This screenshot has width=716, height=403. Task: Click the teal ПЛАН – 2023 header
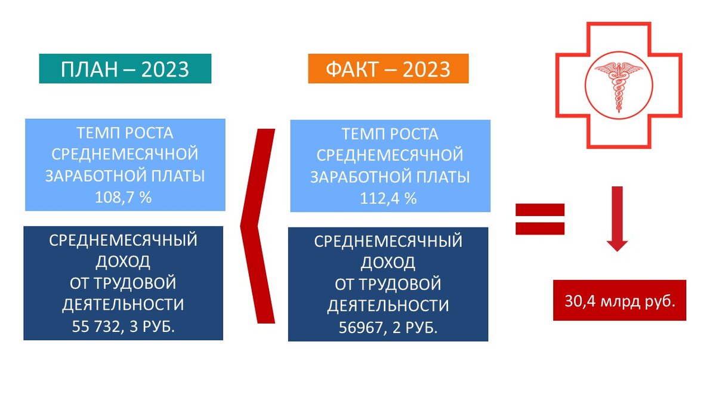click(x=125, y=69)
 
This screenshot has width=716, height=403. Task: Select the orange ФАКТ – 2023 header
click(x=388, y=69)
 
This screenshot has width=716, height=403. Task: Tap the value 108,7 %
click(x=124, y=198)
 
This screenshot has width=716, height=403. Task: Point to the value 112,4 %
click(x=388, y=199)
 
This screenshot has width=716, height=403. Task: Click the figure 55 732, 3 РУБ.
click(x=124, y=326)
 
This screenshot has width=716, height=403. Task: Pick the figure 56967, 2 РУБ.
click(x=388, y=327)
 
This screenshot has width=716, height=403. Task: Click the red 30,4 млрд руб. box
click(x=619, y=300)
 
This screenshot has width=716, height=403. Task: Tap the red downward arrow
click(x=617, y=218)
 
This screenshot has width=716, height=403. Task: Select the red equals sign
click(x=540, y=219)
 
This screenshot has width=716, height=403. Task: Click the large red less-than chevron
click(x=258, y=226)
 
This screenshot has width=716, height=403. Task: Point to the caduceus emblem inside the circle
click(x=618, y=84)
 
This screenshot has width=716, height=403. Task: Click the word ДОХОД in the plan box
click(x=124, y=262)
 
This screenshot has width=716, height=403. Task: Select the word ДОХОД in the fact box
click(x=388, y=263)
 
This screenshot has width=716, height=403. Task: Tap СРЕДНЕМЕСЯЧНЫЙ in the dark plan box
click(x=124, y=241)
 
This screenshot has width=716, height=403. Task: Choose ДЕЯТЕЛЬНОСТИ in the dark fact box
click(x=388, y=306)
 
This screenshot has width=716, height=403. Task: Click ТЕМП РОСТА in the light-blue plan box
click(x=125, y=133)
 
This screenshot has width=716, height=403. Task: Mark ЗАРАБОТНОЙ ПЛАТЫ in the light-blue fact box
click(x=390, y=177)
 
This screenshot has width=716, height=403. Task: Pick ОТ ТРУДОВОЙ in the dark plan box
click(x=124, y=283)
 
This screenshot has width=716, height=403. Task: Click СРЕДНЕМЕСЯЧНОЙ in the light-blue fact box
click(x=390, y=155)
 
